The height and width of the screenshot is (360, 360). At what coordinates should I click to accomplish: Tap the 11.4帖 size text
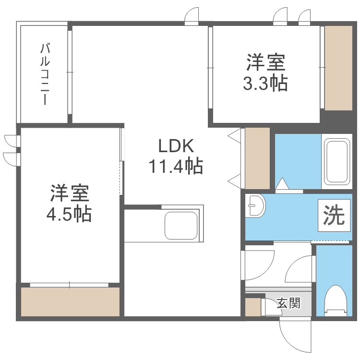point(176,166)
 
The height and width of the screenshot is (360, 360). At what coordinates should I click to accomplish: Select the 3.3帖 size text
point(265,84)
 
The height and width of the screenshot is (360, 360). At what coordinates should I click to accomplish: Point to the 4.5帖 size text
point(69,214)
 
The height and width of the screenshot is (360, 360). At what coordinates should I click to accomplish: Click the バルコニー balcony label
point(45,74)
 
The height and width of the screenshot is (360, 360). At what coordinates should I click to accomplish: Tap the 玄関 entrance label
point(288,303)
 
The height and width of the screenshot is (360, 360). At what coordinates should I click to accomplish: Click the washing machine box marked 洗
point(334,215)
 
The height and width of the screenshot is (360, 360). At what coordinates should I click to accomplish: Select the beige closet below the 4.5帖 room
point(70,302)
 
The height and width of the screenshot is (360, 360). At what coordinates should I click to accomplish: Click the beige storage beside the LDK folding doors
point(257,158)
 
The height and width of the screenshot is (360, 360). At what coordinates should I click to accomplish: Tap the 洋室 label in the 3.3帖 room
point(265,63)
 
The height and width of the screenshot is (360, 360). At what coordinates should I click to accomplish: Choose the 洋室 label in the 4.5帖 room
point(69,193)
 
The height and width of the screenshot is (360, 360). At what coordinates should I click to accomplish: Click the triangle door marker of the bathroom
point(283,183)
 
